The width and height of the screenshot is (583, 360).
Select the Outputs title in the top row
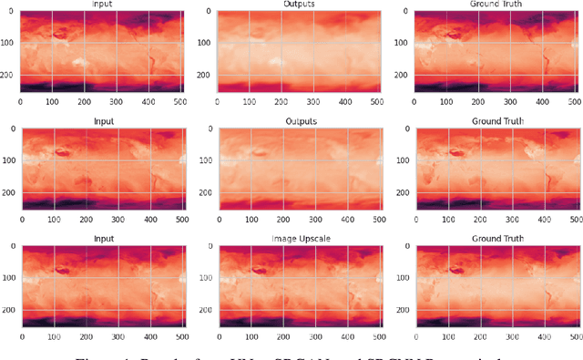point(299,5)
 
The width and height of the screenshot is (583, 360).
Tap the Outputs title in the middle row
point(299,121)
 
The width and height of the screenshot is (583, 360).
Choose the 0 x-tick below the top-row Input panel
point(20,102)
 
